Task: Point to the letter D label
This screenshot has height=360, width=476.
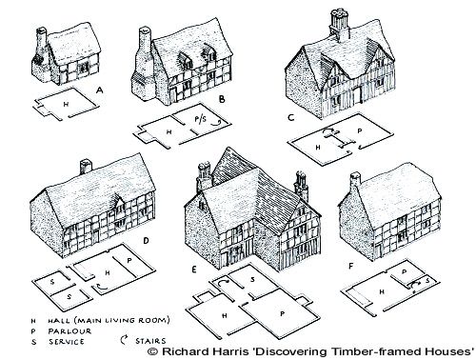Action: (x=145, y=240)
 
